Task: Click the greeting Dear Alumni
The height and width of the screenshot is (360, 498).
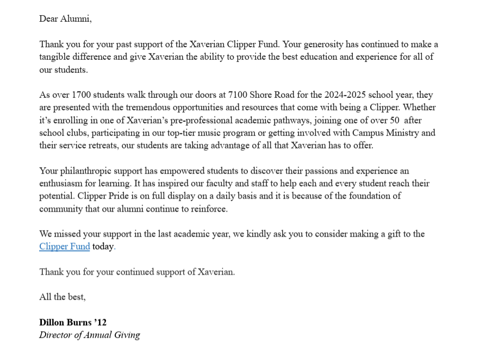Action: (65, 19)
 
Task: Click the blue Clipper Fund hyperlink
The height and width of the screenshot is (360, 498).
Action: (64, 246)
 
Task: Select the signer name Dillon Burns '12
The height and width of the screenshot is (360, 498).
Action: (73, 322)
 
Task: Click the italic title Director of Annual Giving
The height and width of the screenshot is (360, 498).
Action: (89, 335)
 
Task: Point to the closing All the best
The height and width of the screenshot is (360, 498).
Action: (62, 297)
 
